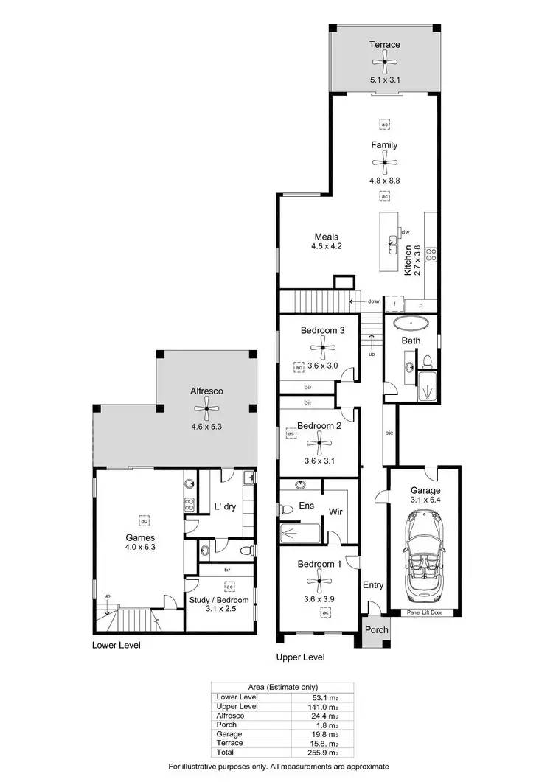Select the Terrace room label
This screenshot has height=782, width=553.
tap(385, 45)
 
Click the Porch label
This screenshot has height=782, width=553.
tap(377, 629)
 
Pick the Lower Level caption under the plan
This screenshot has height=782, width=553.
tap(116, 645)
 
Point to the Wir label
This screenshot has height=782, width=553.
tap(336, 511)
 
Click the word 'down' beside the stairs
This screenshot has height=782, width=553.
tap(375, 301)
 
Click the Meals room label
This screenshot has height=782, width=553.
tap(327, 237)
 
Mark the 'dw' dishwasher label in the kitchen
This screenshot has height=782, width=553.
tap(406, 232)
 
